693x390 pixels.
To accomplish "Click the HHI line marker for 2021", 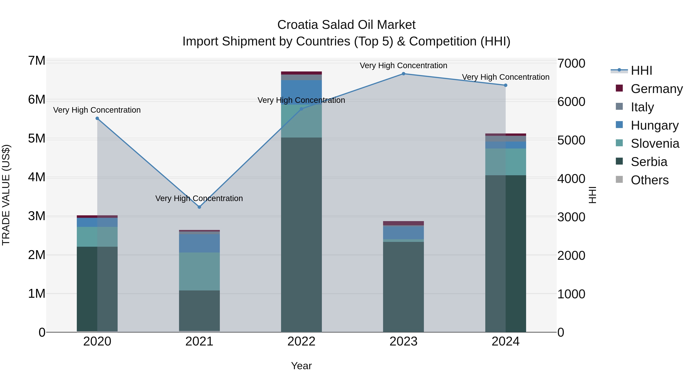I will [199, 207].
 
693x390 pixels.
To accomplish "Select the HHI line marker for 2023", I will [403, 74].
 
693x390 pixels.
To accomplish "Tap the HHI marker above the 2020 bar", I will [97, 118].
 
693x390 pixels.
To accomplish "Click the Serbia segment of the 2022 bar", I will [301, 234].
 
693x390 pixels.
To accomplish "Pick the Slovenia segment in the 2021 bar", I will [199, 271].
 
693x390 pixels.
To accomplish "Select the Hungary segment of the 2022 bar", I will [301, 91].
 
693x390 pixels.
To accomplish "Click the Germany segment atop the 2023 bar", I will [403, 223].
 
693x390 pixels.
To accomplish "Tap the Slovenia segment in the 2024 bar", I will [506, 162].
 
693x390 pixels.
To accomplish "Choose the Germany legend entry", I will [656, 89].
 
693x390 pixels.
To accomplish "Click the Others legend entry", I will [649, 180].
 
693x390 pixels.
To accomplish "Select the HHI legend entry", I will [641, 70].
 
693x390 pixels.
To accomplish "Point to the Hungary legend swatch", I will [619, 125].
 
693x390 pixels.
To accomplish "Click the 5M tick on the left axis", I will [37, 139].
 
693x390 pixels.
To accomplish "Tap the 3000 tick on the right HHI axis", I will [571, 217].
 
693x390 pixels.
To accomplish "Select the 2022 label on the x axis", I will [301, 341].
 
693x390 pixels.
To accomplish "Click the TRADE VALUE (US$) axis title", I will [6, 195].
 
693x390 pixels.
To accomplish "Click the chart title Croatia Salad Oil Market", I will [346, 25].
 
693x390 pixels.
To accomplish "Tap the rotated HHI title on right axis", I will [593, 195].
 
